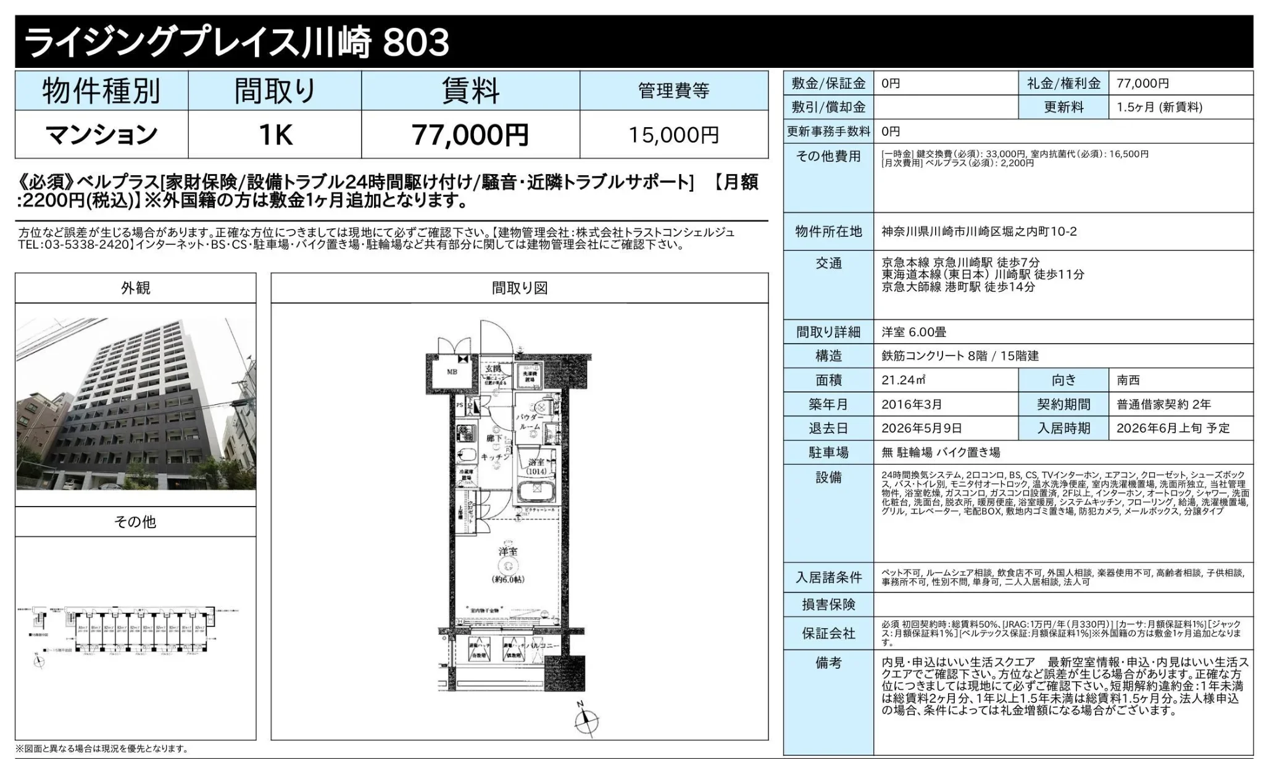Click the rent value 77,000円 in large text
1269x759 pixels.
pyautogui.click(x=470, y=135)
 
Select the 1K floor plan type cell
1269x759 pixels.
pyautogui.click(x=275, y=135)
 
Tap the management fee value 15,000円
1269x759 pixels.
pyautogui.click(x=674, y=135)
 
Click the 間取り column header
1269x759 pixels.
pyautogui.click(x=275, y=91)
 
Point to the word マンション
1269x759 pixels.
pyautogui.click(x=102, y=135)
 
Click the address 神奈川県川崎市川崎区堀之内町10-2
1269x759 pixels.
pyautogui.click(x=979, y=231)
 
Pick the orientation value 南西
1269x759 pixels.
pyautogui.click(x=1128, y=380)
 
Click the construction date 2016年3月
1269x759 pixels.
pyautogui.click(x=912, y=404)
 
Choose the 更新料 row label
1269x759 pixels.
pyautogui.click(x=1063, y=107)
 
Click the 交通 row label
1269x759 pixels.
pyautogui.click(x=828, y=263)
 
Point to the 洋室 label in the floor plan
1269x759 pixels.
pyautogui.click(x=508, y=551)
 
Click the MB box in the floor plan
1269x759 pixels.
pyautogui.click(x=452, y=372)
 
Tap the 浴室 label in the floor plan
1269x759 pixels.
pyautogui.click(x=536, y=462)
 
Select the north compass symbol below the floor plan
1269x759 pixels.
pyautogui.click(x=586, y=720)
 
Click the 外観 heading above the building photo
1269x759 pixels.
pyautogui.click(x=135, y=288)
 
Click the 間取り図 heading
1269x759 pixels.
pyautogui.click(x=520, y=288)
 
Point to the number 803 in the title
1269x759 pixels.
pyautogui.click(x=417, y=43)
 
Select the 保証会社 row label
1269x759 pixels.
pyautogui.click(x=828, y=634)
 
